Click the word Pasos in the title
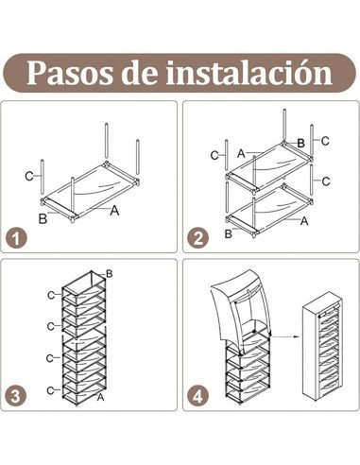[69, 74]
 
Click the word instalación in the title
[249, 72]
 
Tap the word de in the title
[139, 74]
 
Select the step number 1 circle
[16, 238]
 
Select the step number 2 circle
[198, 238]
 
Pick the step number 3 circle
[16, 396]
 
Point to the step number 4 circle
[198, 396]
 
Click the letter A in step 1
[114, 210]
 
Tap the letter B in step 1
[43, 218]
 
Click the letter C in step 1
[29, 176]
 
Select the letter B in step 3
[110, 274]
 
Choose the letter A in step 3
[100, 397]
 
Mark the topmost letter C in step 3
[51, 295]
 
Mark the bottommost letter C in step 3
[50, 390]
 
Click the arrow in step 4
[284, 336]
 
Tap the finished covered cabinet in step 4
[322, 346]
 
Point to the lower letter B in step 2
[228, 233]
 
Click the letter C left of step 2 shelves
[214, 156]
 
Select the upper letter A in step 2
[241, 153]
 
